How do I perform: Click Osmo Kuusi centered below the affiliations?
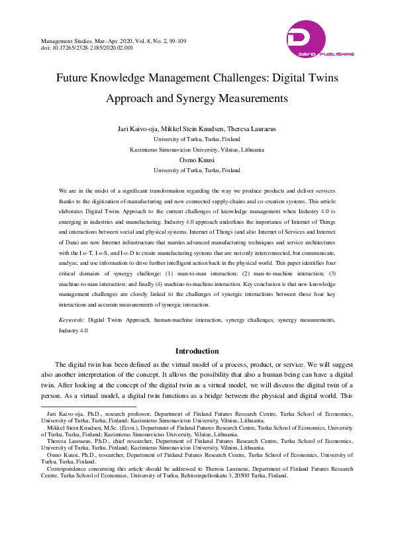[x=197, y=160]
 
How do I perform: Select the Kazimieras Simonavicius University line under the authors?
[x=197, y=150]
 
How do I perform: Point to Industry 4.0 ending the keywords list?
[x=73, y=330]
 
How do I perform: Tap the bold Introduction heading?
[x=197, y=351]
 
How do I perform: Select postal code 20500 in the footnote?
[x=240, y=475]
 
